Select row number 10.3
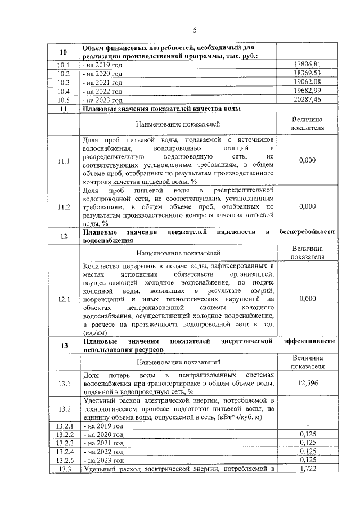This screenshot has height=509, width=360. [64, 83]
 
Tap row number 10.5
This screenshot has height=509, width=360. [64, 100]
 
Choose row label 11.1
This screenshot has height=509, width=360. [64, 160]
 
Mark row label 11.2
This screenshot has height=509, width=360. [64, 206]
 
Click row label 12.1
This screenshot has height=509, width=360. [64, 299]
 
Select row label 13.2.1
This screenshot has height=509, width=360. [64, 426]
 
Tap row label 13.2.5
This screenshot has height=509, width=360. [64, 460]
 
